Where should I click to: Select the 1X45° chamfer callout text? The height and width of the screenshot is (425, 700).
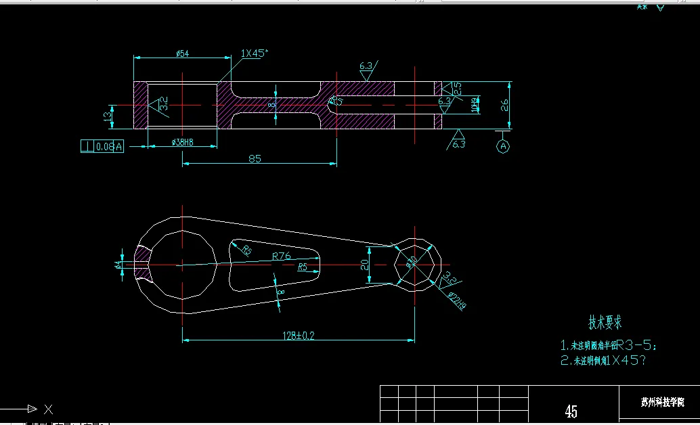click(x=255, y=53)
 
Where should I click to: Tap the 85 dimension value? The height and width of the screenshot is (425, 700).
click(x=255, y=158)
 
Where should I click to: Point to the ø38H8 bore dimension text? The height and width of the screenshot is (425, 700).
click(x=179, y=142)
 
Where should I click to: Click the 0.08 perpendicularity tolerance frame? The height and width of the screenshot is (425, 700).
click(x=102, y=146)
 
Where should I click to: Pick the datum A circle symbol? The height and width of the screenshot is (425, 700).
click(x=503, y=146)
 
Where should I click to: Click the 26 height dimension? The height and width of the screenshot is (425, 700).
click(x=504, y=104)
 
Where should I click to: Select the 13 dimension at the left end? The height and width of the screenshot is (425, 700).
click(x=107, y=116)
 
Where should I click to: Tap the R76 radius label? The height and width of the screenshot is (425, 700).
click(x=281, y=256)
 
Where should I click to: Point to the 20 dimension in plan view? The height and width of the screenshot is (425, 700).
click(x=366, y=265)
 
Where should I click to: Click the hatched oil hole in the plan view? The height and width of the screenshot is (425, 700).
click(x=143, y=262)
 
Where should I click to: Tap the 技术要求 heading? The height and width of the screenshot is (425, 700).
click(x=605, y=322)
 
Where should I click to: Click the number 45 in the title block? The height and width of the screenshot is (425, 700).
click(x=571, y=411)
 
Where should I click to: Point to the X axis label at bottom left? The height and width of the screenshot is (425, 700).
click(x=48, y=409)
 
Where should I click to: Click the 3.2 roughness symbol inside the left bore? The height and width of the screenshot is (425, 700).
click(x=162, y=104)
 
